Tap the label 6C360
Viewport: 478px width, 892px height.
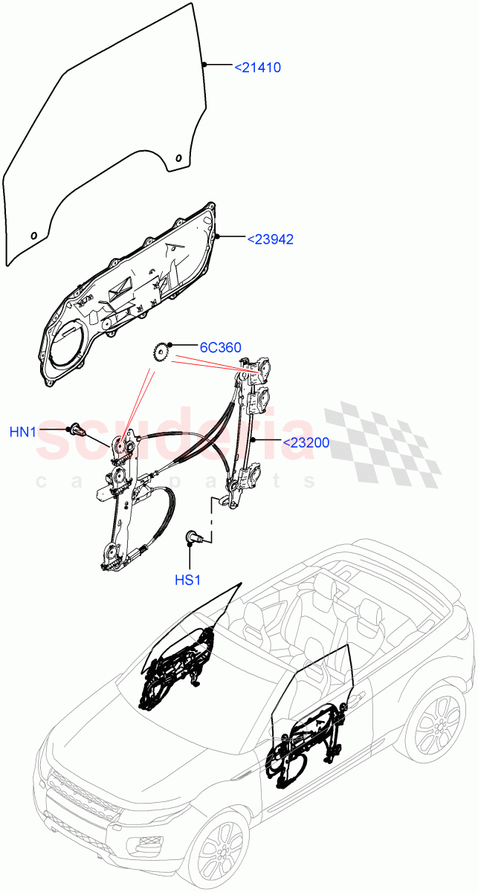pos(219,347)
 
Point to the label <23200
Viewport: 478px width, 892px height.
pos(306,443)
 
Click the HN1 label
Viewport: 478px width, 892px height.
pos(25,431)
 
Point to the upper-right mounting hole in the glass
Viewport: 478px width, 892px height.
pos(178,157)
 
